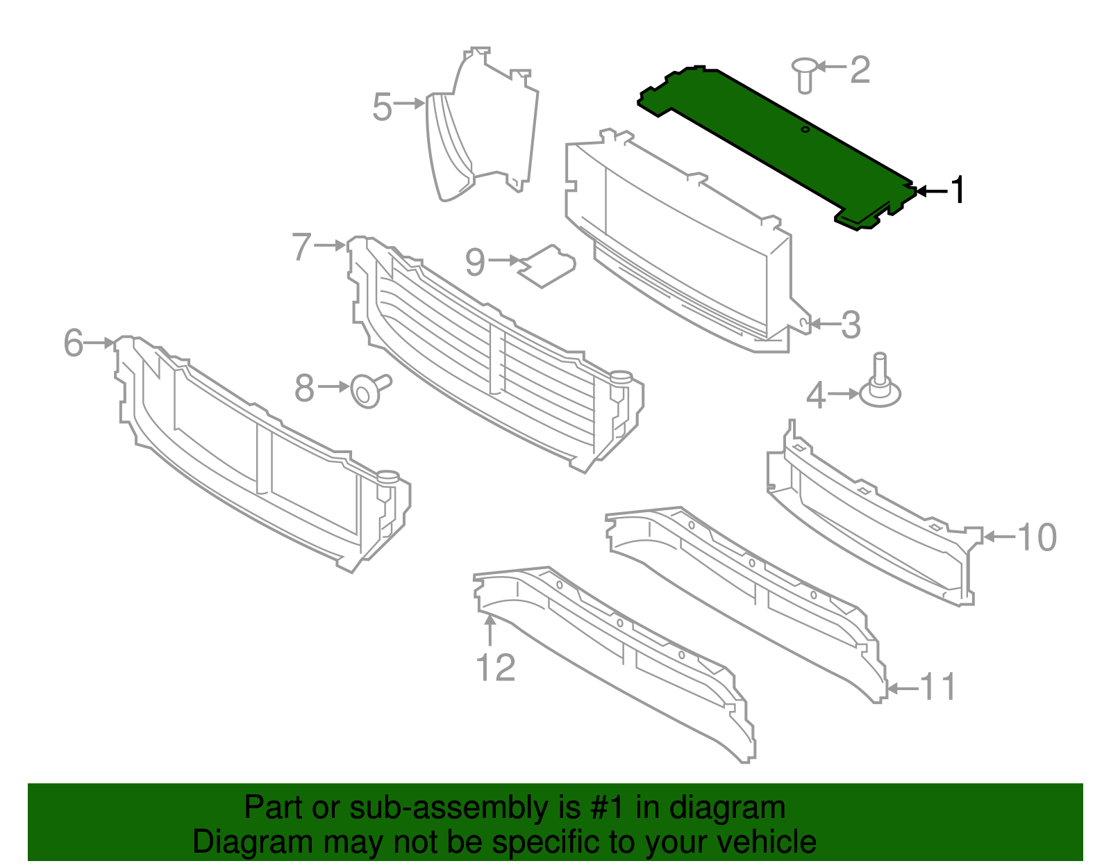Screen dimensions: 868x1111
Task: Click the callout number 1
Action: point(958,190)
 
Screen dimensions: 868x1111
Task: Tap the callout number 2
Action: point(860,69)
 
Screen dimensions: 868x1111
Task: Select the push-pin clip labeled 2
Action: point(805,75)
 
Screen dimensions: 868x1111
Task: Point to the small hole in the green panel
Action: point(805,130)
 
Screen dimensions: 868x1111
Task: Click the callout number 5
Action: point(382,108)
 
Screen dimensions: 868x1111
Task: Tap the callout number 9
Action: point(475,263)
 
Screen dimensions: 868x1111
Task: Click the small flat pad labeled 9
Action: point(547,265)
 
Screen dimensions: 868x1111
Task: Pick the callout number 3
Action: point(851,325)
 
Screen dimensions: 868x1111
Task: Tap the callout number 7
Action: point(301,247)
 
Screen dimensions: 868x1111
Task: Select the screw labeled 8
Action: point(368,391)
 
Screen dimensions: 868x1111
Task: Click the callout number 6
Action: point(73,343)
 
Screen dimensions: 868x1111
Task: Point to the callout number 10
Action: point(1036,538)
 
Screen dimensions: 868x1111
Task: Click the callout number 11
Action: point(939,688)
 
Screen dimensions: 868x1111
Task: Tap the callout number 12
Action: point(495,669)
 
